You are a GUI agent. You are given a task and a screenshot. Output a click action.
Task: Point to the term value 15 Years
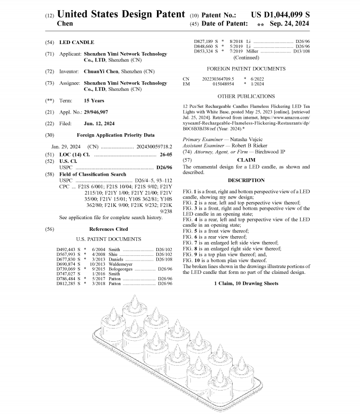(x=94, y=100)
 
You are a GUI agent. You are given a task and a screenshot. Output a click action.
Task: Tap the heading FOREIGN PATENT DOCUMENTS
(x=245, y=68)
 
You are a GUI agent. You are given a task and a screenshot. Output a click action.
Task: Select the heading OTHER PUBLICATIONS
(x=245, y=96)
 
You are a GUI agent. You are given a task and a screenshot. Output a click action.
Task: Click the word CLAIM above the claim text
(x=245, y=159)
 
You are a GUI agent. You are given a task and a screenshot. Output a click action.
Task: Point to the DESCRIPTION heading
(x=245, y=180)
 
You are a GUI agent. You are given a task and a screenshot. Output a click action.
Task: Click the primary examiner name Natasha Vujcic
(x=241, y=139)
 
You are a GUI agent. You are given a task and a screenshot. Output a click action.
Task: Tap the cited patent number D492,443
(x=67, y=249)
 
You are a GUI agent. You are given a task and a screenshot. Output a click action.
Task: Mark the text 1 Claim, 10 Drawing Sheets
(x=246, y=284)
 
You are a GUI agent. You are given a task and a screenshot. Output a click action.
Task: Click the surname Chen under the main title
(x=64, y=23)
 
